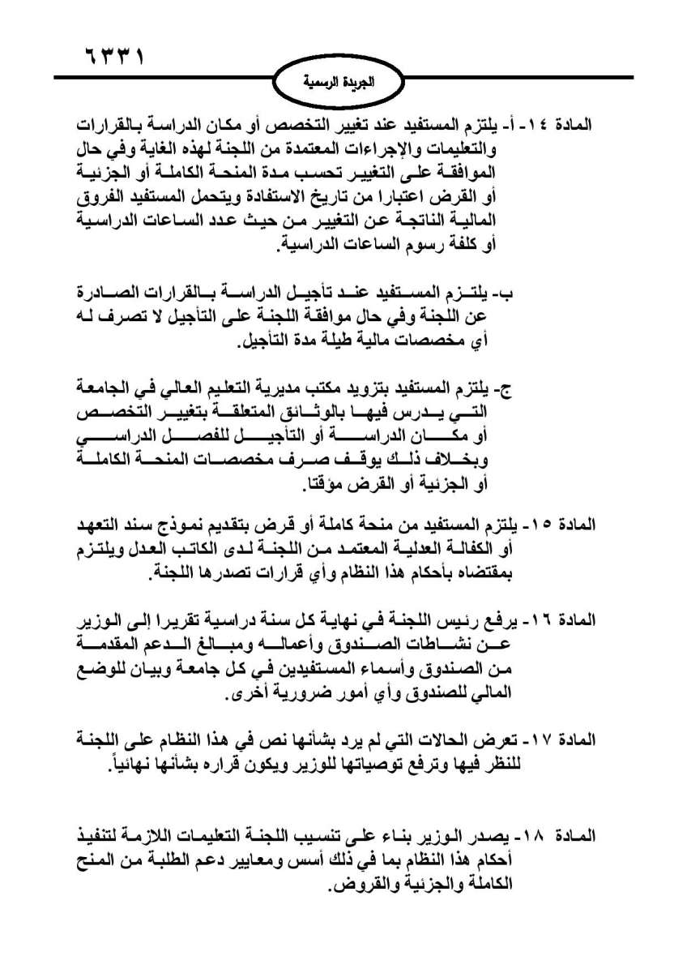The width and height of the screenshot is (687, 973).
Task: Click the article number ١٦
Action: [x=540, y=620]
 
